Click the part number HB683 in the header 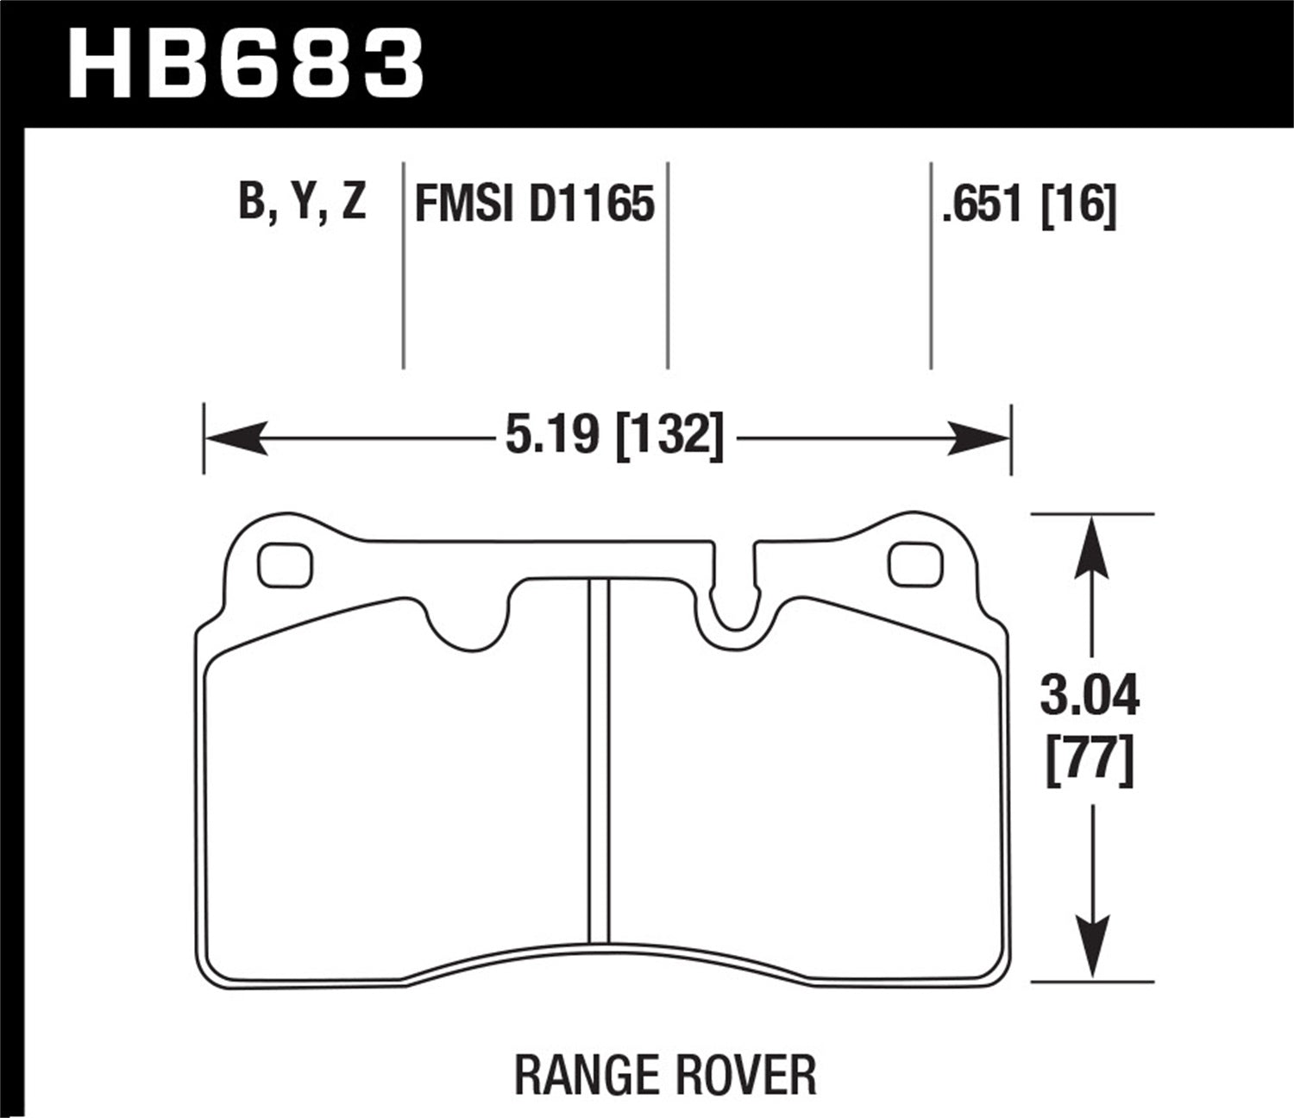(247, 64)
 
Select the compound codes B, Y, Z (303, 204)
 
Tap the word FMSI (464, 205)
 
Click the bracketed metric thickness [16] (1079, 205)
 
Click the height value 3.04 (1090, 696)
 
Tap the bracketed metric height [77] (1090, 761)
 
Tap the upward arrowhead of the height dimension (1092, 543)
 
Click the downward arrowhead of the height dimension (1092, 949)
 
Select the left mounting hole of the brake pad (286, 565)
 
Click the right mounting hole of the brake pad (915, 564)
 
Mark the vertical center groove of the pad (599, 759)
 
